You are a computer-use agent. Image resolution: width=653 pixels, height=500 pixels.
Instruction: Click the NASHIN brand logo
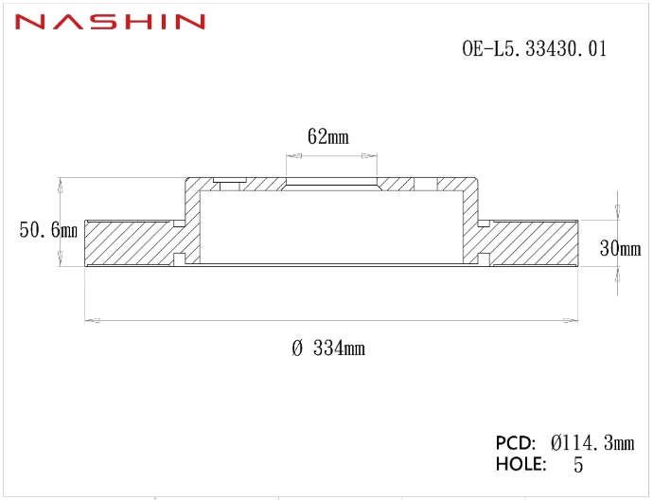pos(110,21)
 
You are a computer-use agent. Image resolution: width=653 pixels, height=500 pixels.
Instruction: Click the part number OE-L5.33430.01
pos(534,48)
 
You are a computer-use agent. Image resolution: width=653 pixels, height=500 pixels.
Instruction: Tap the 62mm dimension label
pos(327,137)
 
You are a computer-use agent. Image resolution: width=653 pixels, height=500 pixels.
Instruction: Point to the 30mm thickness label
pos(620,248)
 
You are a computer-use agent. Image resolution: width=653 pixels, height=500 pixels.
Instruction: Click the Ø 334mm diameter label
pos(328,348)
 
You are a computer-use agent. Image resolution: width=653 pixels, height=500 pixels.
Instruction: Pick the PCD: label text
pos(516,442)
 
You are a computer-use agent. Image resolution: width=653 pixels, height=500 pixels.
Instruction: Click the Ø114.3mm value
pos(591,442)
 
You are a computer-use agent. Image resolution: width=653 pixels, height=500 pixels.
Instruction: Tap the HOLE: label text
pos(521,464)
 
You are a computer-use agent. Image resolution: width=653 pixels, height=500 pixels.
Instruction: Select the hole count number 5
pos(578,465)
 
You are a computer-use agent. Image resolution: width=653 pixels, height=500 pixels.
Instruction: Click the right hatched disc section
pos(530,243)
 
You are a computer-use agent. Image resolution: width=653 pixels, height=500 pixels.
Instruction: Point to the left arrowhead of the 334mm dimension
pos(90,320)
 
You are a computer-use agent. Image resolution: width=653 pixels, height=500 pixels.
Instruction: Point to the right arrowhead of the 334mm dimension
pos(572,320)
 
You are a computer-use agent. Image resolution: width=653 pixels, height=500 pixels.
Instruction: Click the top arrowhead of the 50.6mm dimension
pos(61,182)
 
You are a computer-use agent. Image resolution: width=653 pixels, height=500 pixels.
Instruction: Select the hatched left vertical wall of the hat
pos(192,227)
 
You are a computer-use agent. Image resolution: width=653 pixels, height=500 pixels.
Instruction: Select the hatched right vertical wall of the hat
pos(469,227)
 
